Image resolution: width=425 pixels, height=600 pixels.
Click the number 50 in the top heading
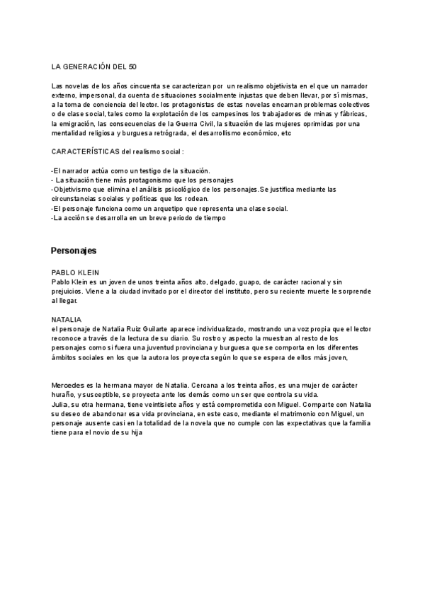click(x=132, y=67)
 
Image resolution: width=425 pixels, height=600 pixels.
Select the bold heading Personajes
click(x=74, y=251)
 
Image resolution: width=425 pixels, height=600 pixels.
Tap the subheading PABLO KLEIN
click(x=76, y=272)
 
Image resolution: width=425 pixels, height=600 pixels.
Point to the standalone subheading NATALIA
click(x=67, y=320)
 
